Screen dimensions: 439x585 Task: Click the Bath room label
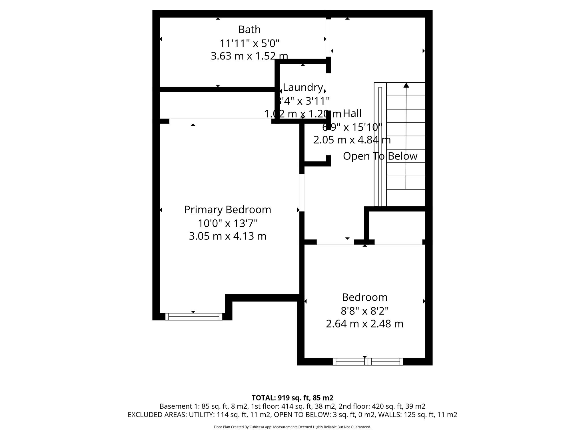249,29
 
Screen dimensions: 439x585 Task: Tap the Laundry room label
303,87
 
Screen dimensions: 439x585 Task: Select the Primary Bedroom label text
227,209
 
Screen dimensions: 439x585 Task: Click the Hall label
352,113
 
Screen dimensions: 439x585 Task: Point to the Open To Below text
380,156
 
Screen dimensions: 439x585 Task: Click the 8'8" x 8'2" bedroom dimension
364,311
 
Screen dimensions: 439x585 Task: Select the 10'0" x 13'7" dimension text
227,223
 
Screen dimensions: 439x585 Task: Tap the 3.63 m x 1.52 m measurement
249,56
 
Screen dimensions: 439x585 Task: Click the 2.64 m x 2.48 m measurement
364,324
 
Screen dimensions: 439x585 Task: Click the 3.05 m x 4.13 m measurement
227,236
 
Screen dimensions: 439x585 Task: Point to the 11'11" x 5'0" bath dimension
249,43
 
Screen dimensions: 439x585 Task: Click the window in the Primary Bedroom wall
194,316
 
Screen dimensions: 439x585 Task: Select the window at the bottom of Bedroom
368,362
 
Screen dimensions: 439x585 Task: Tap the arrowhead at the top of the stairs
406,85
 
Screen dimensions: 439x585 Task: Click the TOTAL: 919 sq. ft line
292,398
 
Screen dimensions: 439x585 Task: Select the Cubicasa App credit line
292,427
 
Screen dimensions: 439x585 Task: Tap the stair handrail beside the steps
380,146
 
